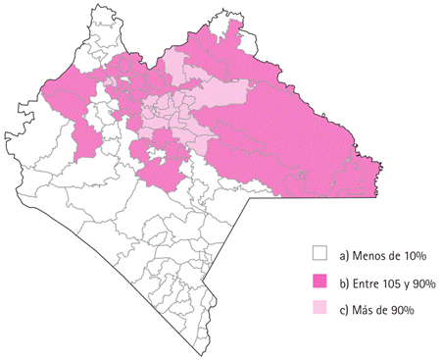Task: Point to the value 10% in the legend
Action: click(x=415, y=256)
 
